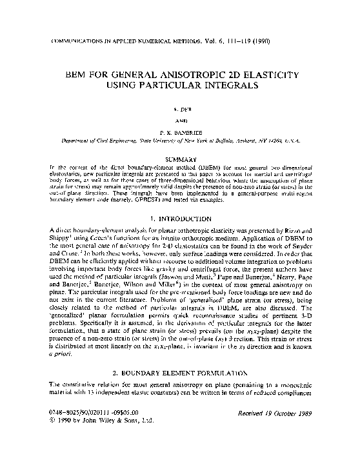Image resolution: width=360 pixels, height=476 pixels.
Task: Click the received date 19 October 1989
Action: click(281, 446)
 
